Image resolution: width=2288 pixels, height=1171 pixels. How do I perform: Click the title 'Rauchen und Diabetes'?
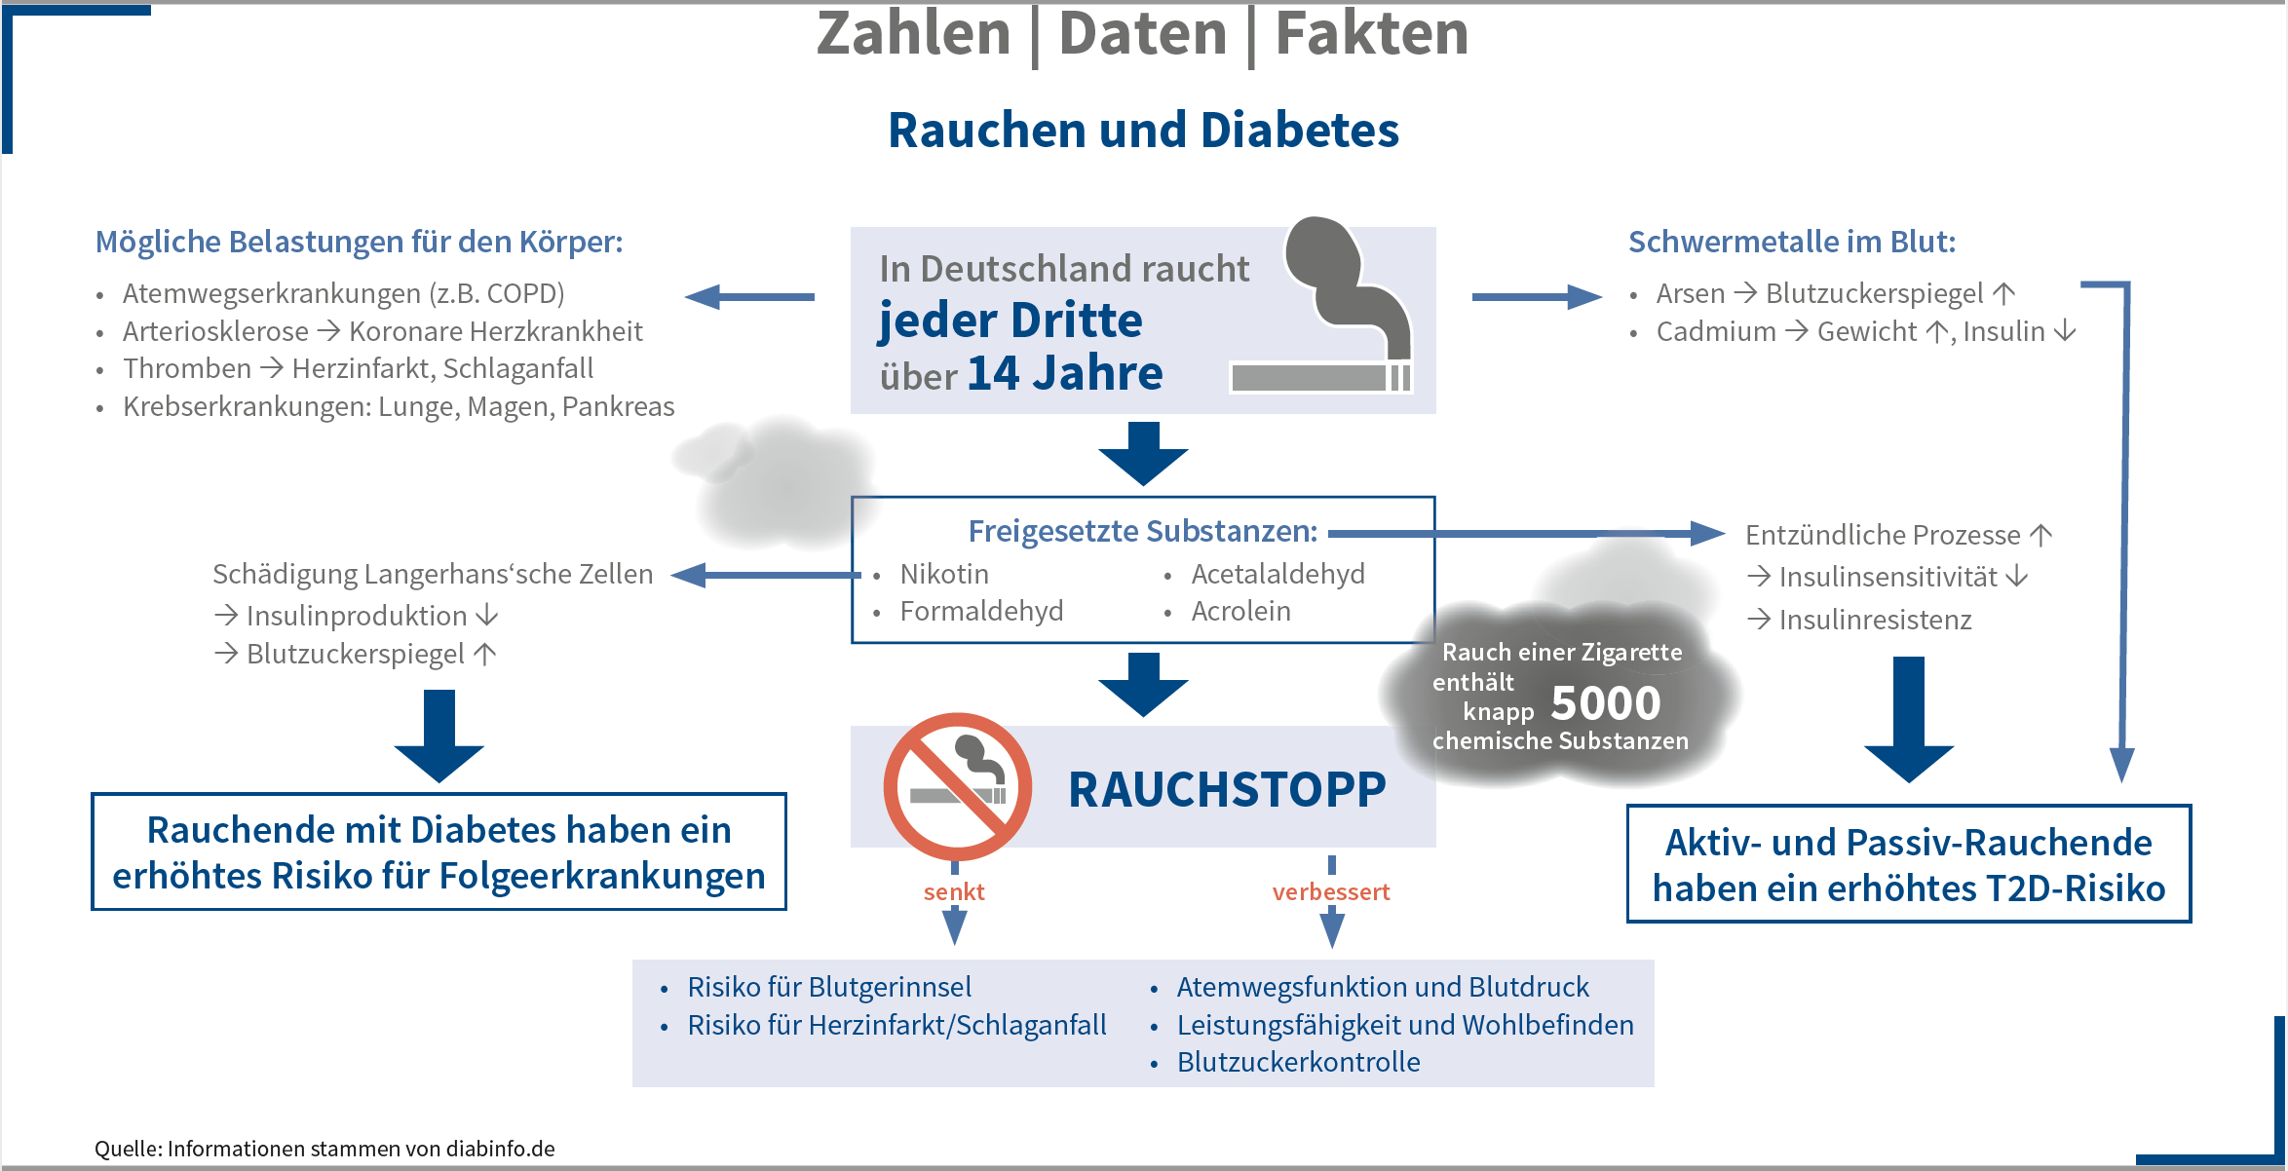(x=1143, y=131)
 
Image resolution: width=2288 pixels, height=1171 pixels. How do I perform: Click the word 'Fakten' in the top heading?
(x=1371, y=33)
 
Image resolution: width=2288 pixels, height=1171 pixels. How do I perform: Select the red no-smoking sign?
(x=957, y=787)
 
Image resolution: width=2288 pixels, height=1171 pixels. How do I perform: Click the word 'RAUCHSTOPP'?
(x=1227, y=789)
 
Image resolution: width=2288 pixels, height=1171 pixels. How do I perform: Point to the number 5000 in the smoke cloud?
(x=1605, y=703)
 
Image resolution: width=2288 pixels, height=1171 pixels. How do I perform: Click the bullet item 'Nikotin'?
(x=943, y=574)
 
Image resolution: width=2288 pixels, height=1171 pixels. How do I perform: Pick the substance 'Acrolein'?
(x=1240, y=611)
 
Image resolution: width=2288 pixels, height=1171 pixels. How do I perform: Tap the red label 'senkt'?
(x=954, y=891)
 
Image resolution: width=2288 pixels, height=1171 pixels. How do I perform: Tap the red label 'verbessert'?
(x=1330, y=891)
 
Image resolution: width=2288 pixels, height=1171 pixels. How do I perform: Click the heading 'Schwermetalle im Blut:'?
(x=1791, y=242)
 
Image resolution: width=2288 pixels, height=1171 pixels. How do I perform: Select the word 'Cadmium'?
(x=1716, y=331)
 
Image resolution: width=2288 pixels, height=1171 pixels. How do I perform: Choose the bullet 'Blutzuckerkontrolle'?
(x=1298, y=1062)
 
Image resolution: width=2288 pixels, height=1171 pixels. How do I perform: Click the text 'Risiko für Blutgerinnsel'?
(x=829, y=987)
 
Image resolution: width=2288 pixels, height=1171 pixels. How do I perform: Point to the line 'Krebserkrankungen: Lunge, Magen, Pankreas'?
(x=398, y=406)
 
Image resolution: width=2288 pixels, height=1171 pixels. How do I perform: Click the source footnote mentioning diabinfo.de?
(x=324, y=1149)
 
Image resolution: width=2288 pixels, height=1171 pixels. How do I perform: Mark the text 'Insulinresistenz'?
(x=1875, y=620)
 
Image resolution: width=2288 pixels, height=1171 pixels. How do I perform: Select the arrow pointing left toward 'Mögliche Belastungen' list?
(x=749, y=297)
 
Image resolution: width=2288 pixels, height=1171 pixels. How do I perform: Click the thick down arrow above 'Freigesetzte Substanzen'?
(x=1143, y=453)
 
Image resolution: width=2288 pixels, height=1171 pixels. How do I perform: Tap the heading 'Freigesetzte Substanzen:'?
(x=1142, y=531)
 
